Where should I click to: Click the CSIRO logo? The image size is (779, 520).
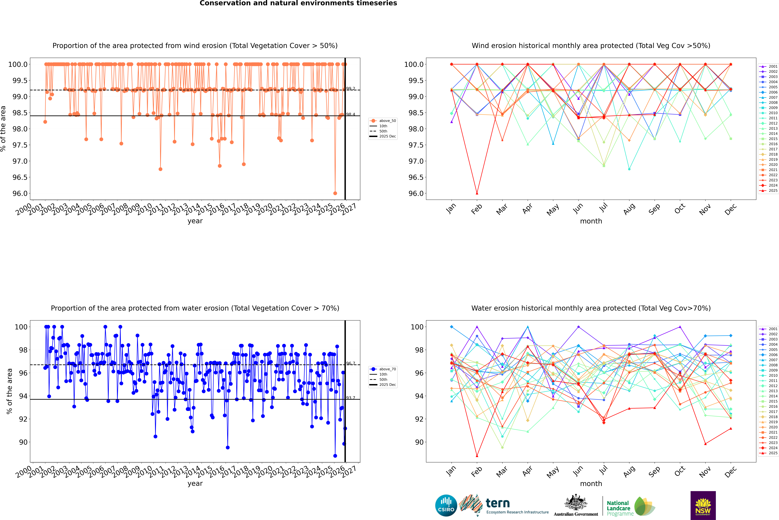[x=446, y=505]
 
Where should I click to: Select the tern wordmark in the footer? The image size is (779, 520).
[x=497, y=503]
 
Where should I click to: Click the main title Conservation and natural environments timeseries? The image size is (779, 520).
[x=298, y=3]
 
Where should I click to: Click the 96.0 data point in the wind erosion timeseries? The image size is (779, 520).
[x=335, y=193]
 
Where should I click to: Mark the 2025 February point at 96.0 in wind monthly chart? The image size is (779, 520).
[x=477, y=193]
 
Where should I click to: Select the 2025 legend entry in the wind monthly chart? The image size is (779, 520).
[x=773, y=191]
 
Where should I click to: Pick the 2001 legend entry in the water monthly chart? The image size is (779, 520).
[x=773, y=329]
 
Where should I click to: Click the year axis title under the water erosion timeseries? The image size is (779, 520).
[x=195, y=484]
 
